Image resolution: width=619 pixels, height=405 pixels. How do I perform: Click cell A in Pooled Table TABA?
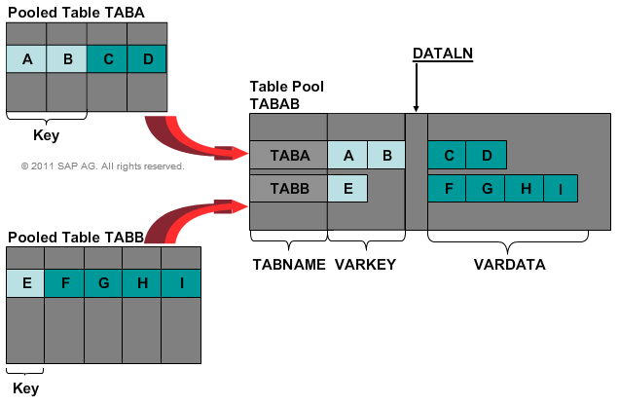(26, 59)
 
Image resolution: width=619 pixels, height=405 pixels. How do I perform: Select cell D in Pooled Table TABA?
(147, 59)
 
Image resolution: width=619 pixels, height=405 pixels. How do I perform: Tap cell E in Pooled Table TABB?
(25, 283)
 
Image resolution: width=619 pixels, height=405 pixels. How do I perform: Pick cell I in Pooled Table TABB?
(181, 283)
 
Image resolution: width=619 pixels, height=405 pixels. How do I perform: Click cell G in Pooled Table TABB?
(103, 283)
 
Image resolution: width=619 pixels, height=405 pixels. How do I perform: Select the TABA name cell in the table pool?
(288, 154)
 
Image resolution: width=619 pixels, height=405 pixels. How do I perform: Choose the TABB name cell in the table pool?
(288, 188)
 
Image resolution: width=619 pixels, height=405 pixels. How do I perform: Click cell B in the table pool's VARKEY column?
(386, 154)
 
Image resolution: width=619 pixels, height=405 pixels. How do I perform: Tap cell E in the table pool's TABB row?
(347, 188)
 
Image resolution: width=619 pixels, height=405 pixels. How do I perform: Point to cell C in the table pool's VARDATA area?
(447, 154)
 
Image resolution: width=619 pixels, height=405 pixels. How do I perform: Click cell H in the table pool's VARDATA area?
(523, 188)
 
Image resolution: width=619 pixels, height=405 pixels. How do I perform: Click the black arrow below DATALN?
(417, 92)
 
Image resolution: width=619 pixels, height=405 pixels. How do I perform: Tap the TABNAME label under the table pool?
(289, 264)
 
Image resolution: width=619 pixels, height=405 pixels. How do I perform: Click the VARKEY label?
(367, 264)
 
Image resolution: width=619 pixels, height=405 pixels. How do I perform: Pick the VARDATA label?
(510, 264)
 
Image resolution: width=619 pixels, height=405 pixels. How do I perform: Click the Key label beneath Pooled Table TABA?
(47, 135)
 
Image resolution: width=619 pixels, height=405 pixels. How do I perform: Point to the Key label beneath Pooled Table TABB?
(25, 388)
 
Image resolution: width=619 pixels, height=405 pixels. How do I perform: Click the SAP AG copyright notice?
(102, 166)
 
